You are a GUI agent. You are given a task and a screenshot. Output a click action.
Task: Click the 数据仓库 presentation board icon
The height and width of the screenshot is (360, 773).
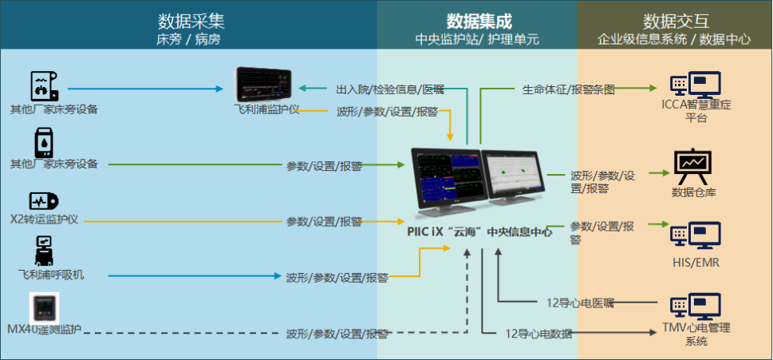tap(691, 164)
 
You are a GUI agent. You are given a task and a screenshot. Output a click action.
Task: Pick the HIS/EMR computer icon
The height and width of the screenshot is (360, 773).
tap(695, 235)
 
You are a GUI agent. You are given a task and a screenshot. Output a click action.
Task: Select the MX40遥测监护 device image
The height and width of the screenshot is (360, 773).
tap(45, 308)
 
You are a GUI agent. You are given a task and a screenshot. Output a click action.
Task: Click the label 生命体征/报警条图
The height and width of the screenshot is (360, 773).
tap(568, 89)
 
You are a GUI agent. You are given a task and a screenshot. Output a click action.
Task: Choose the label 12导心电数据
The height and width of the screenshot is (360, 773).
tap(538, 334)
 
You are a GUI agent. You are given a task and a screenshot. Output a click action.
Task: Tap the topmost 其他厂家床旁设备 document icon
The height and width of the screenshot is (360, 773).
tap(45, 85)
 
